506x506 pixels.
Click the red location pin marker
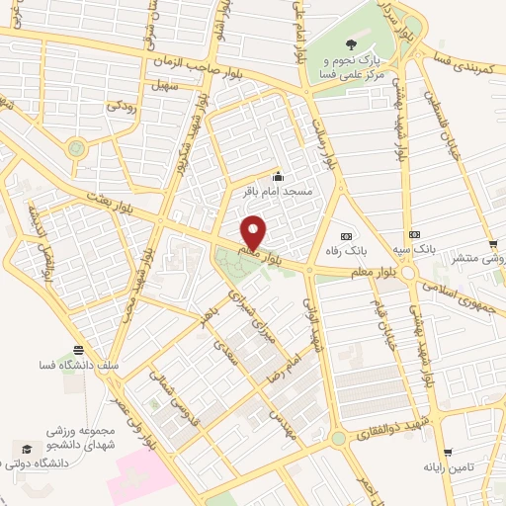click(x=254, y=231)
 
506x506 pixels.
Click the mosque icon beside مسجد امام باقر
click(x=278, y=176)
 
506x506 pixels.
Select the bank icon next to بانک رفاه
click(x=346, y=236)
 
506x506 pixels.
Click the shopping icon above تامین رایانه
click(x=444, y=451)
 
